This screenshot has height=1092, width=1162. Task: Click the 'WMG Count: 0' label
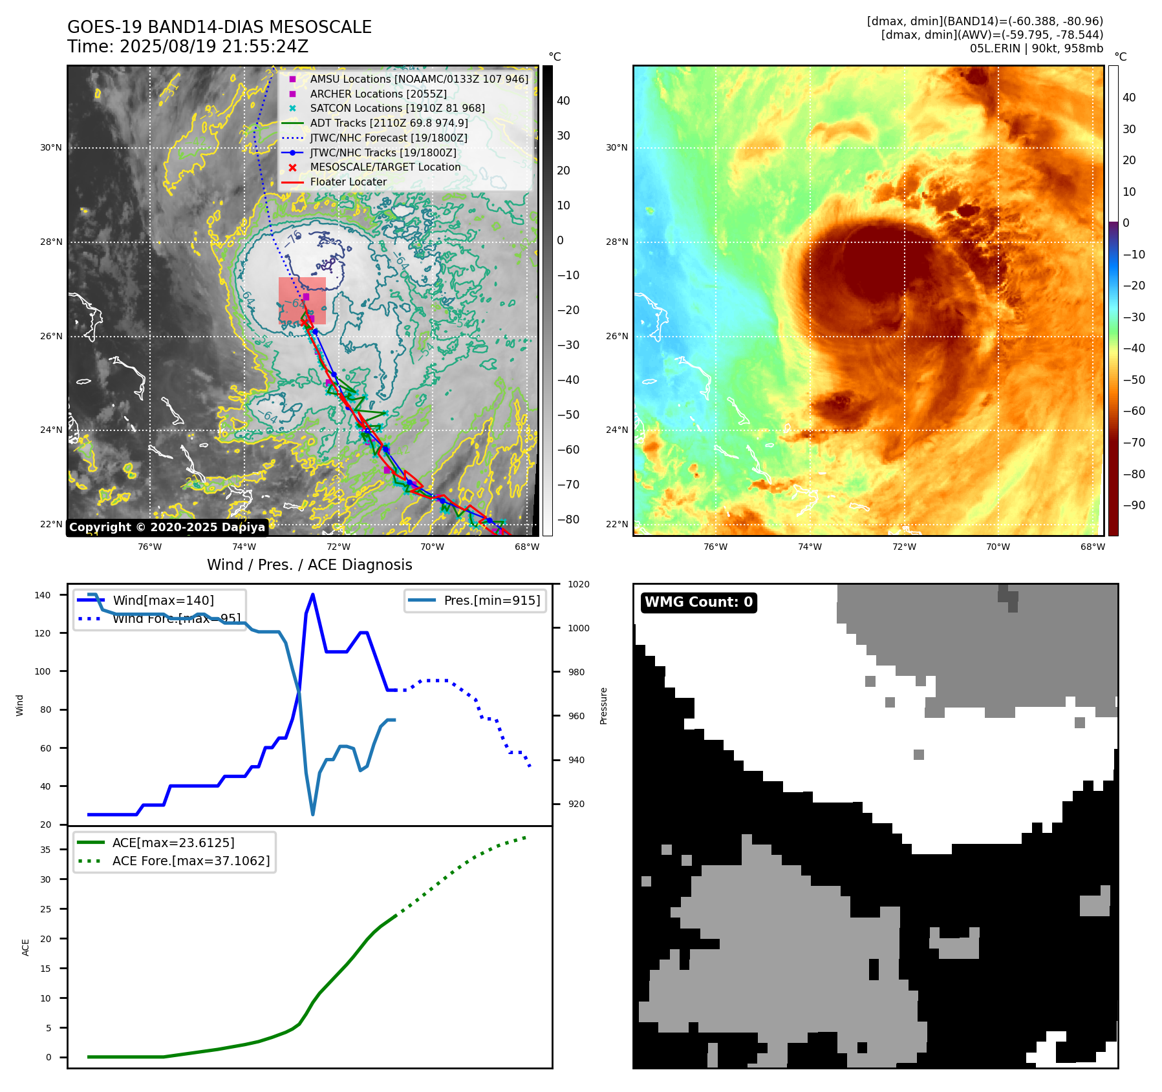tap(698, 602)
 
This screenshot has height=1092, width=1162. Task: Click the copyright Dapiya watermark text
tap(167, 527)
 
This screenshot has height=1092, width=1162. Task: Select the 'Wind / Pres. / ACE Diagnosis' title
tap(309, 565)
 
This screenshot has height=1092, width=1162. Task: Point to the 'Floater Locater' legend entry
tap(348, 182)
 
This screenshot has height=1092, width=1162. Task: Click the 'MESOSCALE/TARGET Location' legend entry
tap(385, 167)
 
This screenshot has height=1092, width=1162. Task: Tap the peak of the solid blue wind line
tap(313, 594)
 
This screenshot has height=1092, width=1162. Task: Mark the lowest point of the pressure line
tap(313, 814)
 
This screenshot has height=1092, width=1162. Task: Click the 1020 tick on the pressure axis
tap(578, 584)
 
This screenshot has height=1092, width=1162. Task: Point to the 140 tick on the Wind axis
tap(43, 595)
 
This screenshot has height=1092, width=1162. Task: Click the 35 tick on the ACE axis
tap(45, 850)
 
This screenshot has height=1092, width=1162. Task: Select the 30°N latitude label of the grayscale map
tap(51, 147)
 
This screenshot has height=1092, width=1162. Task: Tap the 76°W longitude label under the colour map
tap(715, 547)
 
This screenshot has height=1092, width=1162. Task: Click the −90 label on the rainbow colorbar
tap(1134, 505)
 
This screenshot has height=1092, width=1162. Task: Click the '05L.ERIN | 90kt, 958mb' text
tap(1036, 48)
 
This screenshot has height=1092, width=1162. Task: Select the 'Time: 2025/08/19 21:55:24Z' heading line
tap(188, 47)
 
